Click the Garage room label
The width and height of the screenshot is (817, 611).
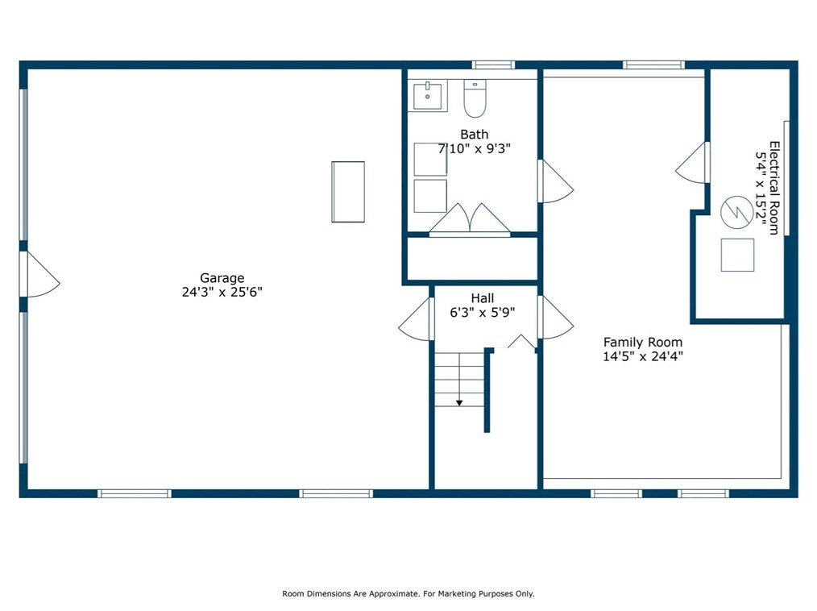222,278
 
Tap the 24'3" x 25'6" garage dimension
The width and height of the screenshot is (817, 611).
222,292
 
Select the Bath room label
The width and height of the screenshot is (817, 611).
474,135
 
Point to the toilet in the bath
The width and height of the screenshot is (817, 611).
475,98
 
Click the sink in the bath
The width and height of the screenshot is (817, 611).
427,95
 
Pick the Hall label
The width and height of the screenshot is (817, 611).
483,298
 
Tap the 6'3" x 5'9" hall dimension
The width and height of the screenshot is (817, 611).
483,312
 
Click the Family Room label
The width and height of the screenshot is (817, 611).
643,343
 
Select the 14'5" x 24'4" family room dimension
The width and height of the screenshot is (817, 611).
643,356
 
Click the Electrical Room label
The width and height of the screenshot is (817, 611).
775,188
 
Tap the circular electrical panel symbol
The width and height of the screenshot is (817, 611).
736,212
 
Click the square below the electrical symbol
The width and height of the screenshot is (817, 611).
737,255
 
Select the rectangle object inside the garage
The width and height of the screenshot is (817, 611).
348,192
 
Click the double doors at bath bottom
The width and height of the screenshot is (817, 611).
470,219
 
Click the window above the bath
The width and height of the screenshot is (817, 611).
493,64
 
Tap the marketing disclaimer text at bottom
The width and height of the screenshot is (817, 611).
408,593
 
